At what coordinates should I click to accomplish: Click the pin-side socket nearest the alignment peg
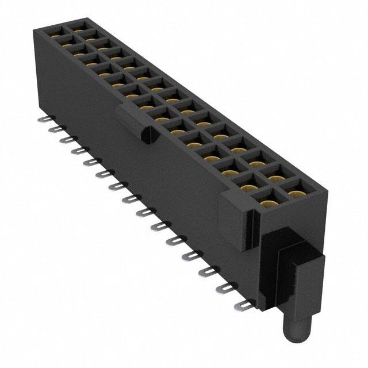266,202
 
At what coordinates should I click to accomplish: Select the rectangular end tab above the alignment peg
301,282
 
